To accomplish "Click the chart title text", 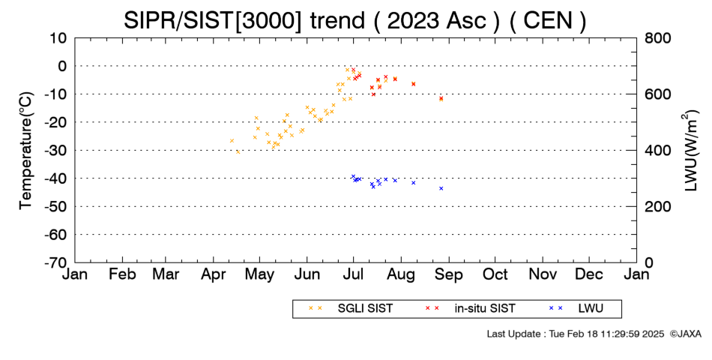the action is click(x=355, y=20).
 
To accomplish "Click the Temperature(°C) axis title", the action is click(x=26, y=151).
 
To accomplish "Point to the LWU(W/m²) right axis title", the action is click(x=690, y=150).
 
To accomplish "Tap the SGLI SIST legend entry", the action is click(x=352, y=308).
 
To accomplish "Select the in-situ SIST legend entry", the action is click(x=470, y=308).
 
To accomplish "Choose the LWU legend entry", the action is click(x=576, y=308).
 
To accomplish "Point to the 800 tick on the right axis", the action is click(x=658, y=38).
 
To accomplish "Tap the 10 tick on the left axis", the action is click(x=58, y=38).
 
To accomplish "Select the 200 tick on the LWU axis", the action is click(x=658, y=207).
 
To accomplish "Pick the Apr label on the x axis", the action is click(x=214, y=274).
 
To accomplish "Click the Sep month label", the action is click(x=449, y=274).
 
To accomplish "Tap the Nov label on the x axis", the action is click(x=543, y=274).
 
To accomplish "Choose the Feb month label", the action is click(x=123, y=274).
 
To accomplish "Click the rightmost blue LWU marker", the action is click(x=441, y=188).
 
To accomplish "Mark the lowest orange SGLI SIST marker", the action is click(x=238, y=151).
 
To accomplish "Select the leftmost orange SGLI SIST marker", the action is click(x=232, y=141).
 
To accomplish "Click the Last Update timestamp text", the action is click(x=576, y=334).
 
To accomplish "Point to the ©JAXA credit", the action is click(x=685, y=334).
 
